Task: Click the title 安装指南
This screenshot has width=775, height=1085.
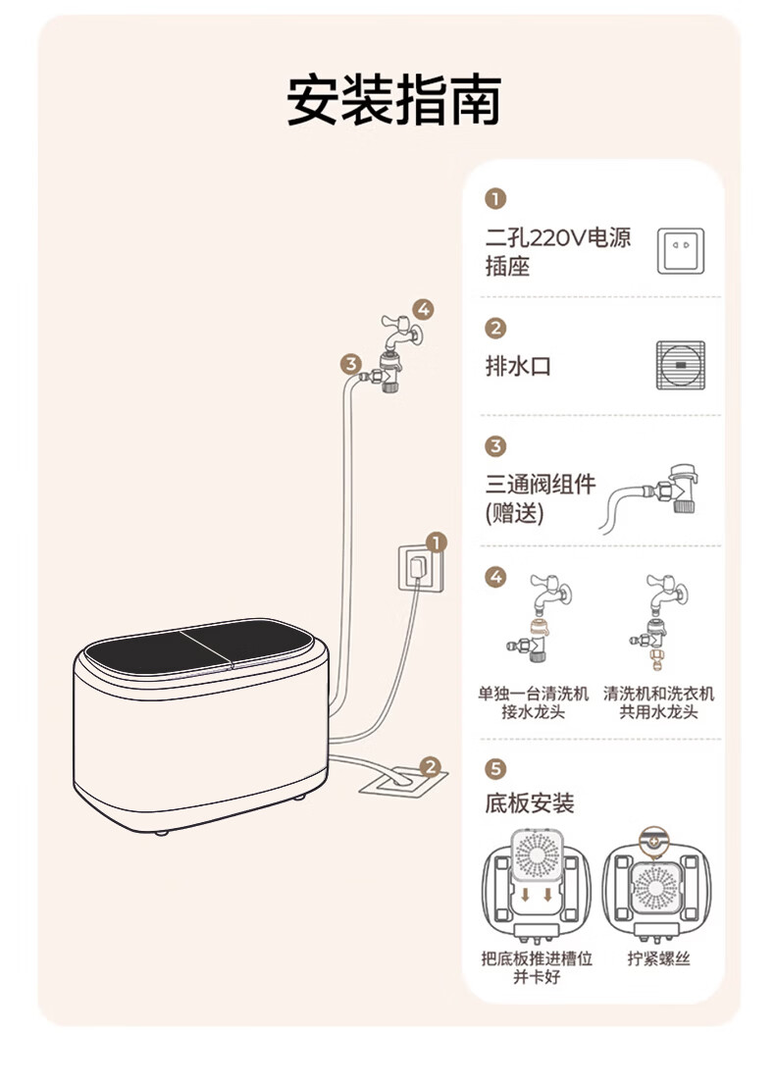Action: (x=393, y=100)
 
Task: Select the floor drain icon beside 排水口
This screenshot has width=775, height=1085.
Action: (x=680, y=365)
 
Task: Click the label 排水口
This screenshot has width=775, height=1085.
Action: (x=519, y=367)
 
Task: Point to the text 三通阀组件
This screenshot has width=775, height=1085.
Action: (x=541, y=485)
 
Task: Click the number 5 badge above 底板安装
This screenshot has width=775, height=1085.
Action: (x=496, y=768)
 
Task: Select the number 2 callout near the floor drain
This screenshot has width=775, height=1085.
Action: (x=430, y=766)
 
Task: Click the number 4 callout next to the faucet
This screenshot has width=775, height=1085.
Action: (x=423, y=310)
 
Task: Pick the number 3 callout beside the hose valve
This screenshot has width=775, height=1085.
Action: (x=351, y=364)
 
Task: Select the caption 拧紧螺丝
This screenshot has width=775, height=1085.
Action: (x=659, y=958)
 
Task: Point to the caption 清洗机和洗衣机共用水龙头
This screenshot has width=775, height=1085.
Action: (x=658, y=702)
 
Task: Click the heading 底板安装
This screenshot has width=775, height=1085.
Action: (x=530, y=803)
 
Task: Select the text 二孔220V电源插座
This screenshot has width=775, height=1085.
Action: (x=558, y=251)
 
